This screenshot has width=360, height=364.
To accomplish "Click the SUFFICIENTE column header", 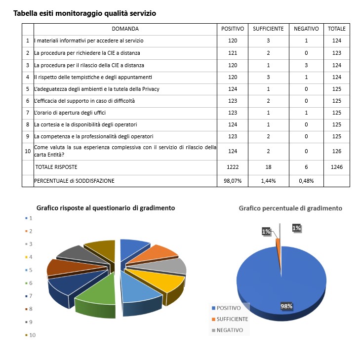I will (x=268, y=29).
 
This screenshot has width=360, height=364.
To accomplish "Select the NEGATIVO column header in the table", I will (x=306, y=29).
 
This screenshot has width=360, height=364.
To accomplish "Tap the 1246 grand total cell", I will (x=337, y=167).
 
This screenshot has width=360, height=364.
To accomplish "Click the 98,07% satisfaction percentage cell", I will (x=233, y=181).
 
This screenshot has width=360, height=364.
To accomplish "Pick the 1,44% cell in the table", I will (x=268, y=181).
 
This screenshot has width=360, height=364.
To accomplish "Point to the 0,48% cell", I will (x=306, y=181).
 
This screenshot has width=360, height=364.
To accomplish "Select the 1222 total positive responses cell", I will (x=233, y=167).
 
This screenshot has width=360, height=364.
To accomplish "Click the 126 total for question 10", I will (x=337, y=151).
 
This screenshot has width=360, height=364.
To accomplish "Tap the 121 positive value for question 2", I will (x=233, y=53).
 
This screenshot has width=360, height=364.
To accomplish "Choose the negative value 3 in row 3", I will (x=306, y=65).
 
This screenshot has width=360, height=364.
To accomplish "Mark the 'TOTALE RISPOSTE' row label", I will (x=56, y=167).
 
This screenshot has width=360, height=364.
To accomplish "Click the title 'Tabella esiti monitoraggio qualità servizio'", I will (x=84, y=13).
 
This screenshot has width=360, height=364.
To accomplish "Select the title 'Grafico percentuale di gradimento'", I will (x=290, y=208).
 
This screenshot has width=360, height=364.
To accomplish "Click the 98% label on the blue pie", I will (x=286, y=306).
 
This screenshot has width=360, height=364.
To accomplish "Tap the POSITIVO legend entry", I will (x=229, y=308).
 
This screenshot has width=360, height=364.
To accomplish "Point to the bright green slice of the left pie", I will (x=96, y=296).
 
